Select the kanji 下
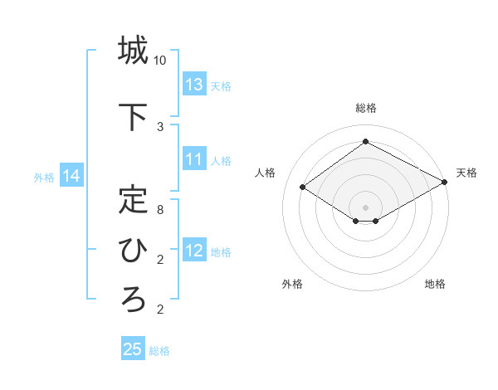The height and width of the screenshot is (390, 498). tap(133, 116)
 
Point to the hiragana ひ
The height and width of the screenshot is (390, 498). tap(133, 249)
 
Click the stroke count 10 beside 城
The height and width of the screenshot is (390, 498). tap(160, 61)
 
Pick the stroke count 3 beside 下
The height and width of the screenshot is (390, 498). tap(160, 126)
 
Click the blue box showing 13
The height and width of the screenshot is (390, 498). tap(194, 85)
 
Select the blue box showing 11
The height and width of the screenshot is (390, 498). tap(194, 159)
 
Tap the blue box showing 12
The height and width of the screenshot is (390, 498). tap(194, 251)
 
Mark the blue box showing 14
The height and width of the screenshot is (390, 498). tap(71, 176)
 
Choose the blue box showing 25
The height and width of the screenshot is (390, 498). tap(133, 349)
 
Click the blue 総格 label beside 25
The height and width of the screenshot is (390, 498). tap(159, 351)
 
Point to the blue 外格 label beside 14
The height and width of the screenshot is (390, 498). tap(44, 177)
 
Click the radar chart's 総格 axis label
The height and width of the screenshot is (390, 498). tap(365, 108)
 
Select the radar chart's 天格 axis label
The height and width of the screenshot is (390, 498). tap(466, 173)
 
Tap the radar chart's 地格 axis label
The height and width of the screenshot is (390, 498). tap(435, 284)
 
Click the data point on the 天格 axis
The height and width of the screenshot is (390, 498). tap(446, 182)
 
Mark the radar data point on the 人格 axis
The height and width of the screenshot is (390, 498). tap(303, 188)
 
